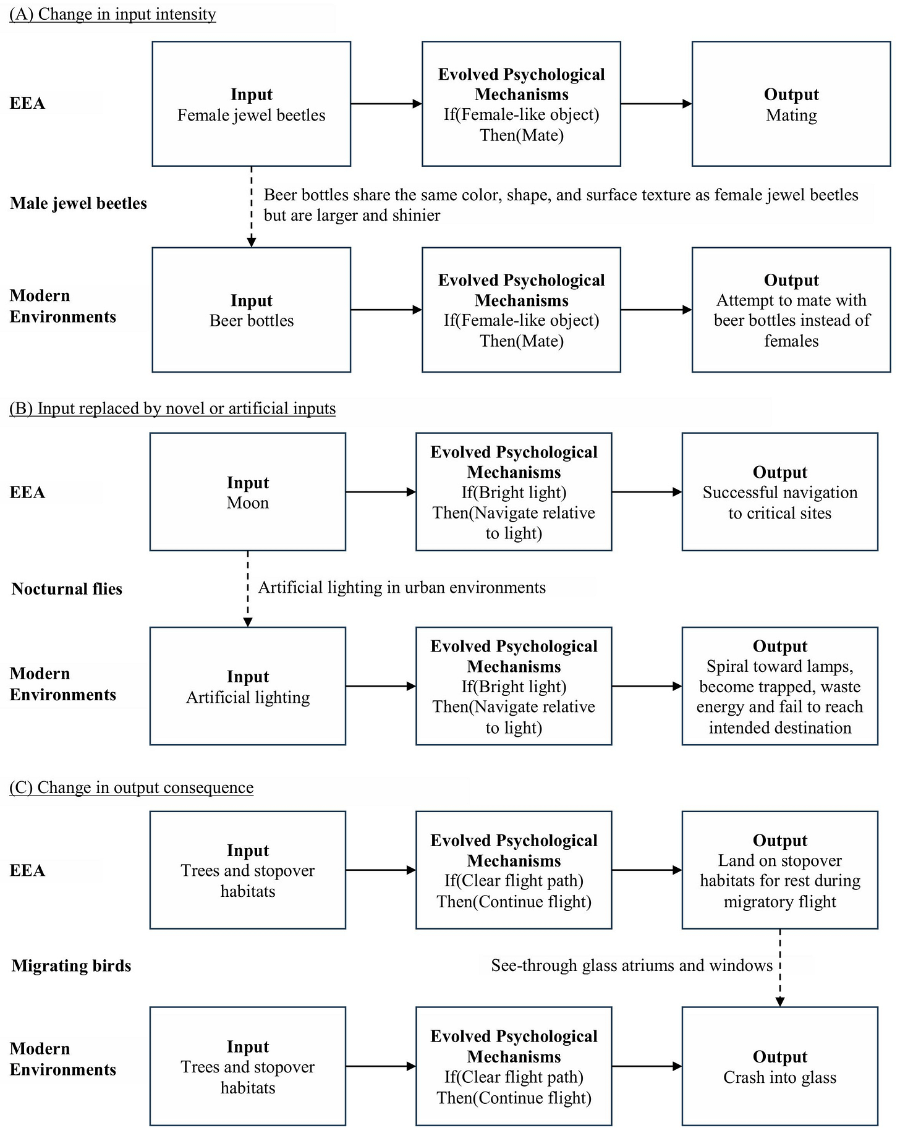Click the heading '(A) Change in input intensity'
pyautogui.click(x=112, y=14)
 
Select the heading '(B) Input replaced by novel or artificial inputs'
pyautogui.click(x=172, y=409)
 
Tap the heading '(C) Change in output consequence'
pyautogui.click(x=131, y=787)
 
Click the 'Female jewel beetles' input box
pyautogui.click(x=252, y=104)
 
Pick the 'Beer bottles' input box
pyautogui.click(x=252, y=310)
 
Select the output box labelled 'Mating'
pyautogui.click(x=791, y=104)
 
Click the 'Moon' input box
pyautogui.click(x=248, y=492)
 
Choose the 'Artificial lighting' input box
pyautogui.click(x=248, y=686)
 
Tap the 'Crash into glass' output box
pyautogui.click(x=780, y=1066)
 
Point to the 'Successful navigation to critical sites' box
pyautogui.click(x=780, y=492)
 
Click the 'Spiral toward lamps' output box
pyautogui.click(x=780, y=686)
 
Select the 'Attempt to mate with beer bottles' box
pyautogui.click(x=791, y=310)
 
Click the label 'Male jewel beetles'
pyautogui.click(x=79, y=203)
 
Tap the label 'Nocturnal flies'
pyautogui.click(x=67, y=588)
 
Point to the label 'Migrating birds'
pyautogui.click(x=71, y=965)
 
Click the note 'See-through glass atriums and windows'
pyautogui.click(x=632, y=965)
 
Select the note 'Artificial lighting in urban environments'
pyautogui.click(x=402, y=587)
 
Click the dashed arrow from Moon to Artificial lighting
pyautogui.click(x=248, y=589)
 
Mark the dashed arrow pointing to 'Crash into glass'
pyautogui.click(x=780, y=968)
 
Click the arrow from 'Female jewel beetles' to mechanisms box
pyautogui.click(x=386, y=104)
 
